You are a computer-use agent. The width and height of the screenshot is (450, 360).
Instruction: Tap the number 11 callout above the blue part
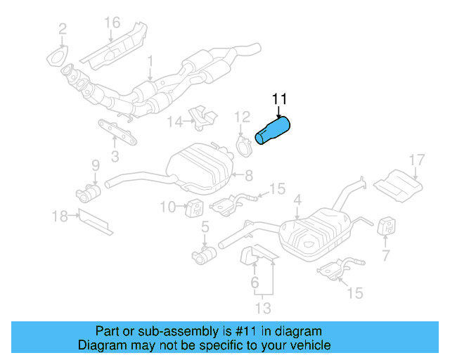[279, 98]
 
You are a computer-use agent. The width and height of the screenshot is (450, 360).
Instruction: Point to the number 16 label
[112, 23]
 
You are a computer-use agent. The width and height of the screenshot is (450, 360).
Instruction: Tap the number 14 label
[174, 122]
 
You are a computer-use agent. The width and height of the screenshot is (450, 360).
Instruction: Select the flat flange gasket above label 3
[116, 131]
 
